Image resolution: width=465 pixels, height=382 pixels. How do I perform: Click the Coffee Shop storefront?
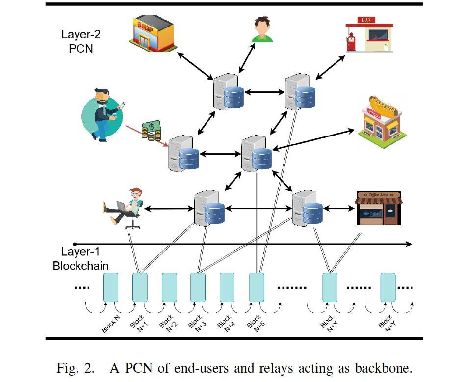(378, 208)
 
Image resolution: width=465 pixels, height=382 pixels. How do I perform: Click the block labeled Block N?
(110, 287)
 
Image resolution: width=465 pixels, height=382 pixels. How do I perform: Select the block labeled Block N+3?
(198, 287)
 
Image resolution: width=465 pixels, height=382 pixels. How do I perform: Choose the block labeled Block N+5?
(257, 287)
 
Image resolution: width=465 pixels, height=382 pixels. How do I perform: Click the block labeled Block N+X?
(330, 287)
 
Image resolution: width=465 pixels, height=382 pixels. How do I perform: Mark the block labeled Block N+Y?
(388, 287)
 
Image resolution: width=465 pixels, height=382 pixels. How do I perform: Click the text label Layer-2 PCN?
(80, 42)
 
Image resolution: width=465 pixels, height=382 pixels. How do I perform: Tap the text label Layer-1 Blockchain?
(80, 259)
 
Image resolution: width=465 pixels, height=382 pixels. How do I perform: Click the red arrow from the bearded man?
(145, 133)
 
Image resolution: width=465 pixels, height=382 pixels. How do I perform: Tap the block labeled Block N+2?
(169, 287)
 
